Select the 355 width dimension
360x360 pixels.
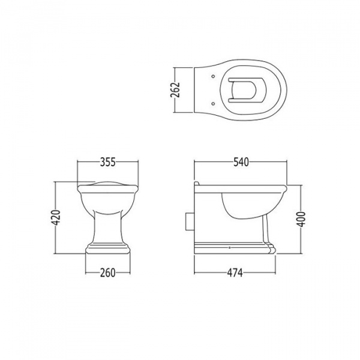(x=107, y=162)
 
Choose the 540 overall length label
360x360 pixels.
(x=241, y=162)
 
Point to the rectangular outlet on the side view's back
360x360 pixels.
(x=190, y=220)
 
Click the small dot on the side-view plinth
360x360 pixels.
(x=229, y=247)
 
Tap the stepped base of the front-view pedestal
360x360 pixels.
(x=107, y=248)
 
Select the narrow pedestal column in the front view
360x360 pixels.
(x=107, y=228)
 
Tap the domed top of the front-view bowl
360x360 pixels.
(x=107, y=183)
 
